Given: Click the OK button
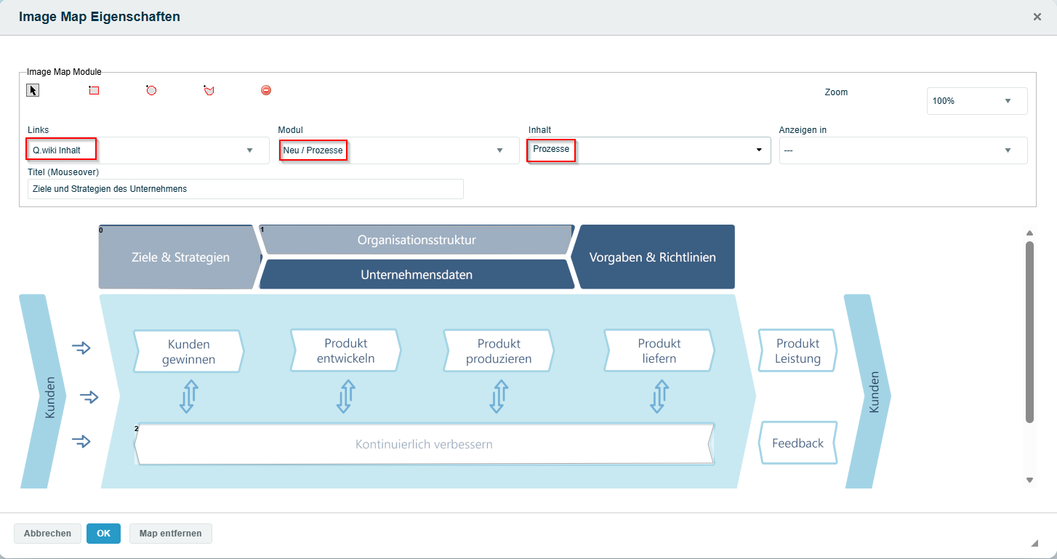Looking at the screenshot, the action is pos(103,533).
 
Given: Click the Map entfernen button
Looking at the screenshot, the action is pos(170,533).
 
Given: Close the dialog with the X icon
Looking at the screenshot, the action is pos(1037,17).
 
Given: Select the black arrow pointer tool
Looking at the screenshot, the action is pos(33,90).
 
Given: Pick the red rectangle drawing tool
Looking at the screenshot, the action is pos(94,90).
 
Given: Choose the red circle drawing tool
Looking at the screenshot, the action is pos(151,90).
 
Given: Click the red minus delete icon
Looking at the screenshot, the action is pos(266,90).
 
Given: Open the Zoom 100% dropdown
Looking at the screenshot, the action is pos(977,101).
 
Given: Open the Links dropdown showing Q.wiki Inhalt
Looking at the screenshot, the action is pos(148,150).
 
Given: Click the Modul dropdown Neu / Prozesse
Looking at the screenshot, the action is pos(398,150).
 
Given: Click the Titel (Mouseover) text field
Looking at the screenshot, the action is pos(246,189).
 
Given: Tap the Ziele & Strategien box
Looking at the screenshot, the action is pos(180,257).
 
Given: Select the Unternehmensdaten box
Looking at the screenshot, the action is pos(417,275).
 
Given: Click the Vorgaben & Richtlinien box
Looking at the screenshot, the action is pos(653,257).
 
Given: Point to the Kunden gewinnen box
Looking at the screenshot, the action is pos(189,351).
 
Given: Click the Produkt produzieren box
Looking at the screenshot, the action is pos(499,351).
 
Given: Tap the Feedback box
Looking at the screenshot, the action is pos(798,443).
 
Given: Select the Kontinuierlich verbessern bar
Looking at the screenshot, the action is pos(424,444).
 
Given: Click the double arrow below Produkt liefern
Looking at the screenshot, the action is pos(659,397).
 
